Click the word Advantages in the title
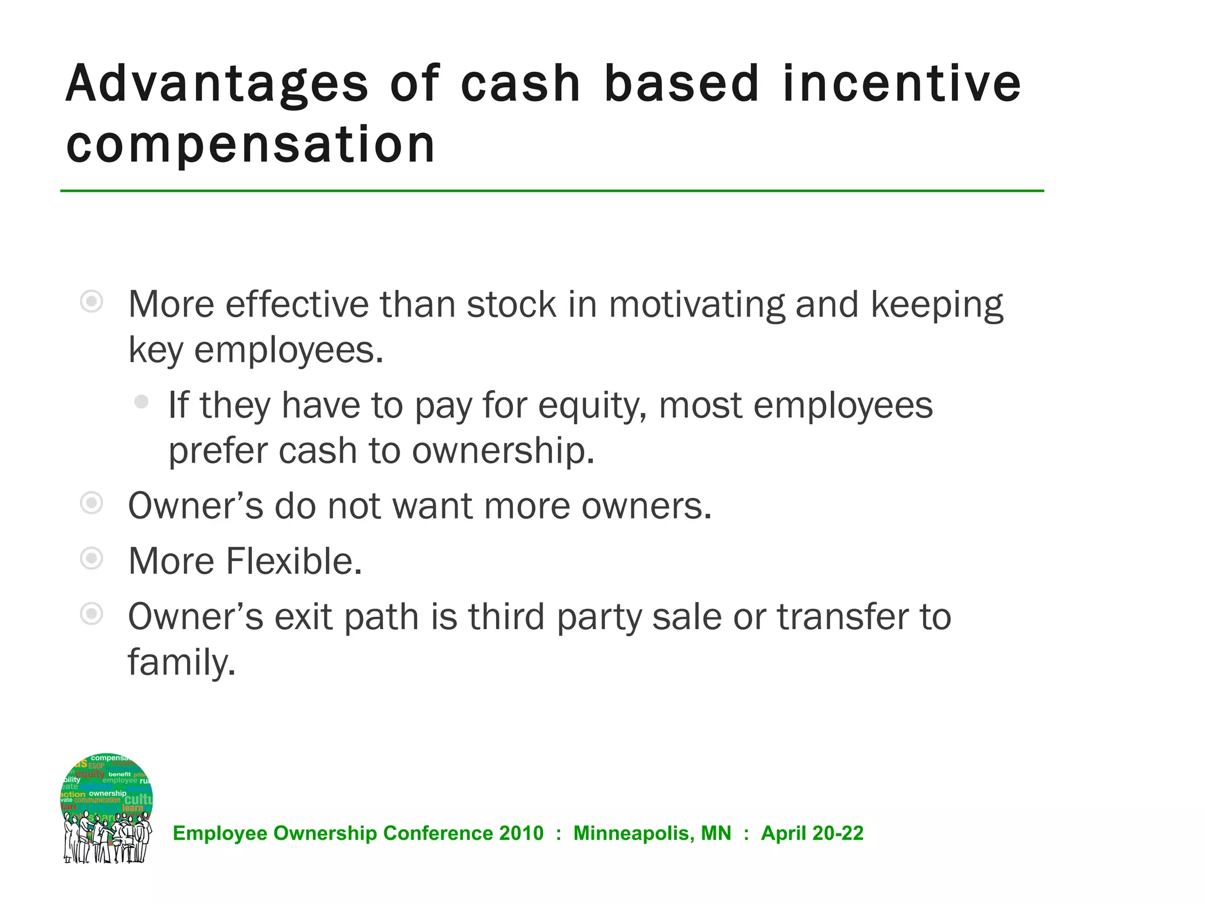point(217,84)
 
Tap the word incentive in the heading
point(901,84)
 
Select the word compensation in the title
point(251,145)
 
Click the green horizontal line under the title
point(552,191)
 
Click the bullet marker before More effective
point(92,302)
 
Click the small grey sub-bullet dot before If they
point(141,402)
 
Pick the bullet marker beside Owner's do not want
point(92,503)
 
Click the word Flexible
point(294,561)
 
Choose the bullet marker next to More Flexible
point(92,559)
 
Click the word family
point(181,663)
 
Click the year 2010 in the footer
point(521,833)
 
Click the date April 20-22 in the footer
point(812,833)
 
